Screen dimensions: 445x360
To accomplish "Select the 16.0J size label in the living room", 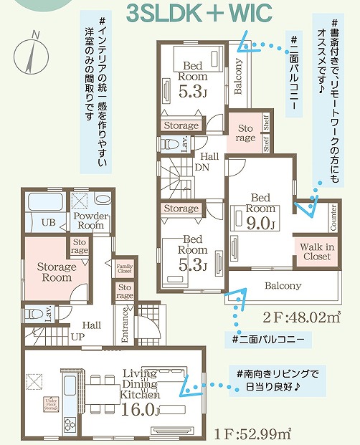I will (140, 410).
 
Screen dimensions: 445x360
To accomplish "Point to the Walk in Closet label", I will (316, 252).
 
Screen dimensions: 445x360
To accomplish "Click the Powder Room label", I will (90, 220).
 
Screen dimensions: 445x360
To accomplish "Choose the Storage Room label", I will (57, 272).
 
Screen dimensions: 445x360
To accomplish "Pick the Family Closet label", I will (125, 268).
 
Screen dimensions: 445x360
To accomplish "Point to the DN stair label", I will (203, 169).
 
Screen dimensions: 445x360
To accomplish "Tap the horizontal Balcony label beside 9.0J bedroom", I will (282, 285).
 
